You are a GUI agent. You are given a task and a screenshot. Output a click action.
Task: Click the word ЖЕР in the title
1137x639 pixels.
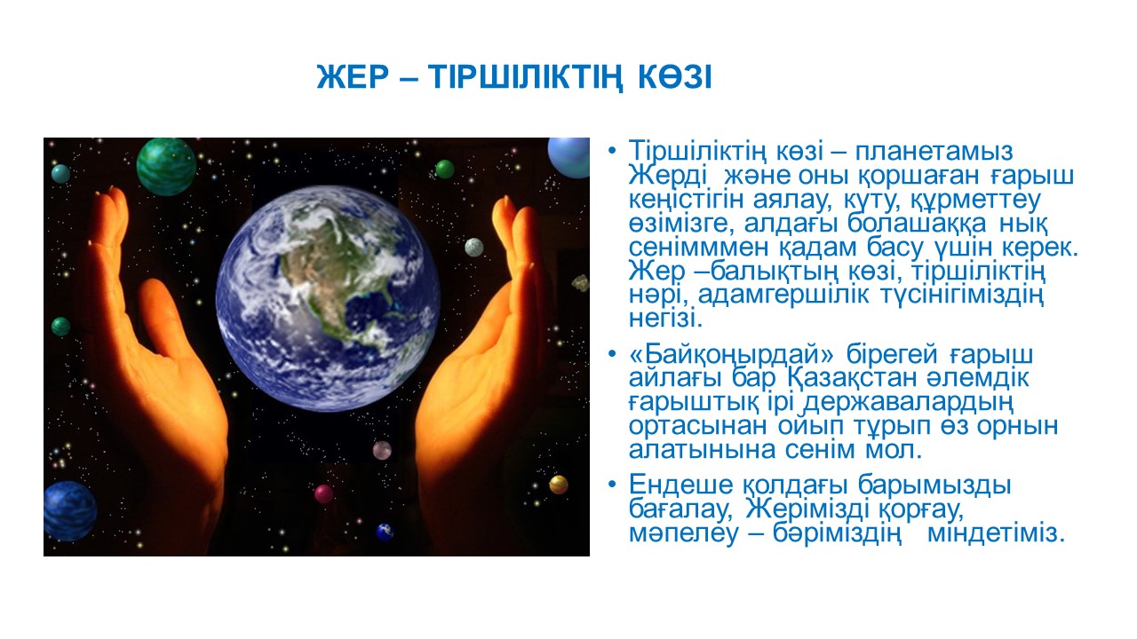pos(353,77)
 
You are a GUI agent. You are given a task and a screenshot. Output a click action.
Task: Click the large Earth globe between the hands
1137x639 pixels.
pos(328,298)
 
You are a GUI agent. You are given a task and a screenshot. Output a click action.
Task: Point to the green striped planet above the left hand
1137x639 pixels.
pos(166,167)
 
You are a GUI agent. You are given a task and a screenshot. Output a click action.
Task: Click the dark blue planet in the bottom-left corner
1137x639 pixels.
pos(70,511)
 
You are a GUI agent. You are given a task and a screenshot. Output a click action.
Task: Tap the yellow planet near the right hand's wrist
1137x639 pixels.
pos(559,485)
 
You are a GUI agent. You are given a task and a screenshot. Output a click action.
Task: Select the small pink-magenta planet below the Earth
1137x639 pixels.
pos(323,493)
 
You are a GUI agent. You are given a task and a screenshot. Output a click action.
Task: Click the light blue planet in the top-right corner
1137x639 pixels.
pos(569,157)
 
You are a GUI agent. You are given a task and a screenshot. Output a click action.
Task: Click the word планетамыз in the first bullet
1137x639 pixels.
pos(934,152)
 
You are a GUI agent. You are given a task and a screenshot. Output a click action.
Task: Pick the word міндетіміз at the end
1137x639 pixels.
pos(995,533)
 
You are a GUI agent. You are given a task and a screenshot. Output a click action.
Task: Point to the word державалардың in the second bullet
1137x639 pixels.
pos(909,403)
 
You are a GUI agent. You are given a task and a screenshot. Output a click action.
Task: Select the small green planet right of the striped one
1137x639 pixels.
pos(445,169)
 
